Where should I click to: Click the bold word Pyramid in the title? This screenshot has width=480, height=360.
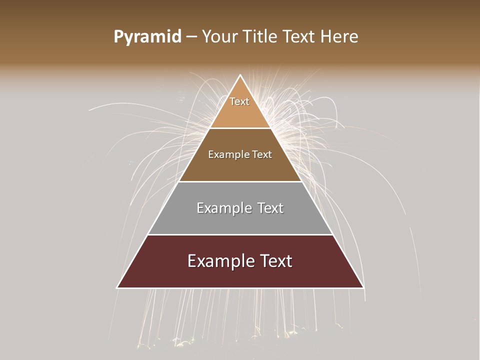tap(147, 37)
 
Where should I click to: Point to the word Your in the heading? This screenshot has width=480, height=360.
tap(219, 37)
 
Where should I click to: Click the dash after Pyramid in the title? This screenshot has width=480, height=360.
tap(191, 37)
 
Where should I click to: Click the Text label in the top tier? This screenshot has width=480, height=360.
tap(239, 101)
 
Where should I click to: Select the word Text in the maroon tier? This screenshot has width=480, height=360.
tap(275, 261)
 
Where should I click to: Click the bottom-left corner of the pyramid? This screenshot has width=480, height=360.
tap(117, 287)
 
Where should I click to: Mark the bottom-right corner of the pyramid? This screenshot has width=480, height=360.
tap(363, 287)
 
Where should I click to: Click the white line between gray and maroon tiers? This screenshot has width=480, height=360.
tap(240, 234)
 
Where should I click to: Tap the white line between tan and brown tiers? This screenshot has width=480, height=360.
tap(240, 128)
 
